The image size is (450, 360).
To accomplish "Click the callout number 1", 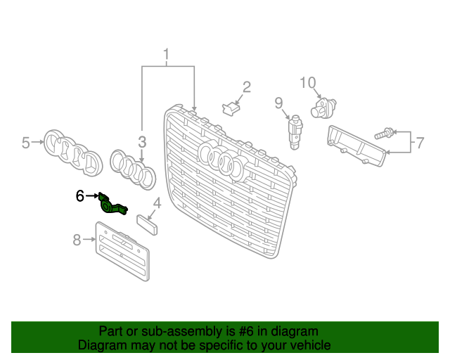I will pos(167,54).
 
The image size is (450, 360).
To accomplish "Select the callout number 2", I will pos(246,87).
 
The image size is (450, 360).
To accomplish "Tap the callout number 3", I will pos(141,141).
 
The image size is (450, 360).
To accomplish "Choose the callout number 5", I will pos(26,143).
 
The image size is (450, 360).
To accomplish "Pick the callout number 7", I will pos(419,143).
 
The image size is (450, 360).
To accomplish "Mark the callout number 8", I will pos(77,240).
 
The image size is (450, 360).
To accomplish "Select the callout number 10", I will pos(309,83).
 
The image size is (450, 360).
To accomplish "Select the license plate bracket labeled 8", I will pos(122,252).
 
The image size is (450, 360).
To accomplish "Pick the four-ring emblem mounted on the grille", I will pos(221,160).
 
